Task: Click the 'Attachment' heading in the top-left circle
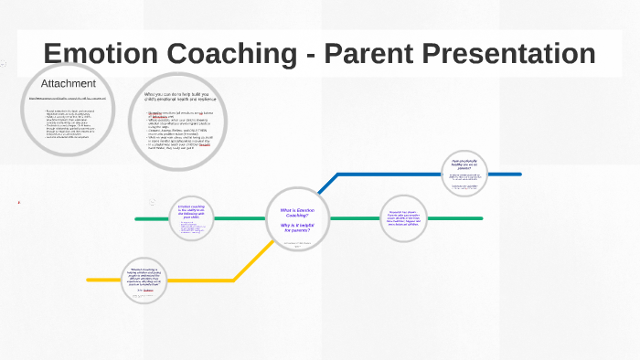coord(69,84)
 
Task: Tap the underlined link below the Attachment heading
coord(69,98)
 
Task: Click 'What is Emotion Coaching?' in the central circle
coord(295,213)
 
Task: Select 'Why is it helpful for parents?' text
coord(295,227)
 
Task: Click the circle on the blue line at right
coord(466,173)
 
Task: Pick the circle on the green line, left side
coord(192,218)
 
